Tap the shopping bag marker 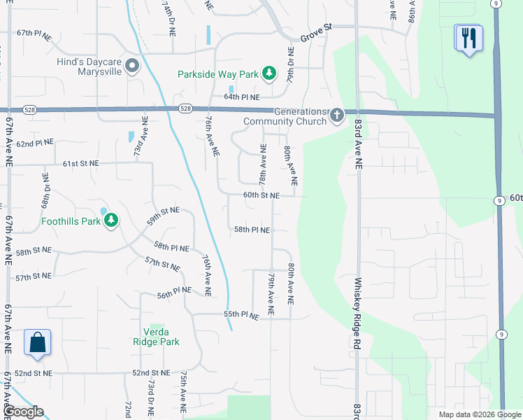coord(37,343)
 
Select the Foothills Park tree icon coord(110,221)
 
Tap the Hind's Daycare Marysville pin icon coord(132,66)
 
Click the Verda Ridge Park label coord(157,337)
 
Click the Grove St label coord(315,29)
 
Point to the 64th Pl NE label coord(242,97)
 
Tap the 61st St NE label coord(80,163)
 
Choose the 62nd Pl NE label coord(35,143)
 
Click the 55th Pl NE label coord(242,316)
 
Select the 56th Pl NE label coord(174,295)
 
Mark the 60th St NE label coord(261,195)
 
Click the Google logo coord(23,412)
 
